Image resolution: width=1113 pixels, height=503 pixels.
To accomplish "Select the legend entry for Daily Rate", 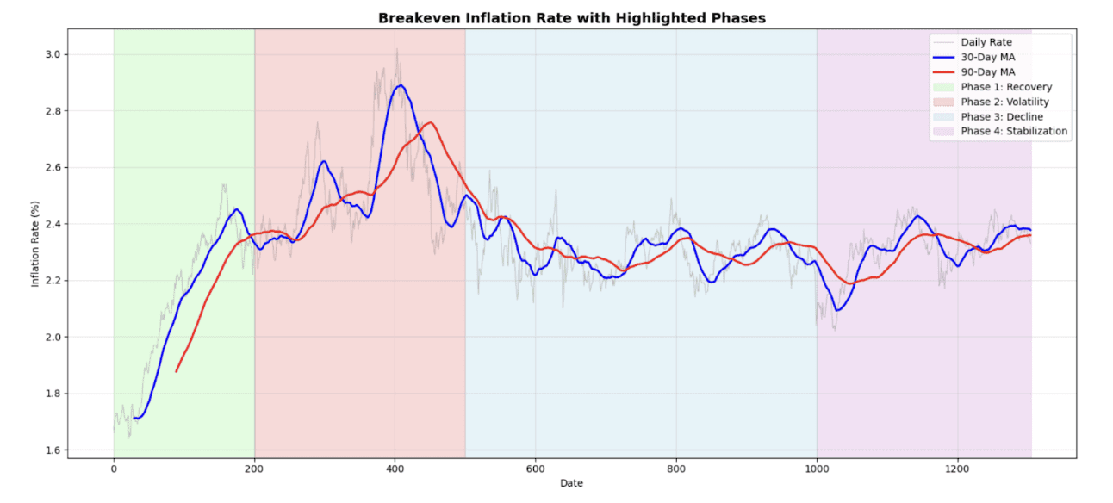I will [x=986, y=42].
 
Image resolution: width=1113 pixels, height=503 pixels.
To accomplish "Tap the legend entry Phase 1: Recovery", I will [x=1005, y=87].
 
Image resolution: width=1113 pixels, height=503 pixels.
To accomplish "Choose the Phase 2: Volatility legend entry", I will [x=1004, y=102].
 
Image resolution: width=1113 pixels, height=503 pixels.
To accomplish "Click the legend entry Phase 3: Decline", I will [x=1001, y=116].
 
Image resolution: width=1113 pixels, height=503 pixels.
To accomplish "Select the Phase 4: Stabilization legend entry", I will [x=1014, y=131].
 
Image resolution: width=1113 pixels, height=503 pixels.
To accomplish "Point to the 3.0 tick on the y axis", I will [x=52, y=54].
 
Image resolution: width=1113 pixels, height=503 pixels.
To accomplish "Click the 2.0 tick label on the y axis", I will [x=52, y=338].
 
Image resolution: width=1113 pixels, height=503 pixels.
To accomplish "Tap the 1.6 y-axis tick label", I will [x=52, y=450].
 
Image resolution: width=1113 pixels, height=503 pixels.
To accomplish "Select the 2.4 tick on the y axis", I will [x=52, y=224].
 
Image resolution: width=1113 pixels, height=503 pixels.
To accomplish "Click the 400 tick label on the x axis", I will [x=395, y=469].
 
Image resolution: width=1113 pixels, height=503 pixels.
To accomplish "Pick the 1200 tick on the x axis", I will [x=957, y=469].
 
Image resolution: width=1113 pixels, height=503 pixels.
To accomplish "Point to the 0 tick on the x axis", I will [x=114, y=469].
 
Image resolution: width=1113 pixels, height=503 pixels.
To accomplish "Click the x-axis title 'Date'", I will [x=571, y=483].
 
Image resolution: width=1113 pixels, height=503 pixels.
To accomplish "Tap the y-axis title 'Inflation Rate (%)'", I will [x=35, y=244].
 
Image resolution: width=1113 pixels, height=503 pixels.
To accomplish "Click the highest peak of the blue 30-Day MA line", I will [x=400, y=85].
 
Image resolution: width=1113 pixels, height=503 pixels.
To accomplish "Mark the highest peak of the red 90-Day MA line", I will [x=430, y=122].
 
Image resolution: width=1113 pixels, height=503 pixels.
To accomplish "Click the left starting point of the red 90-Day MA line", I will [x=177, y=371].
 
